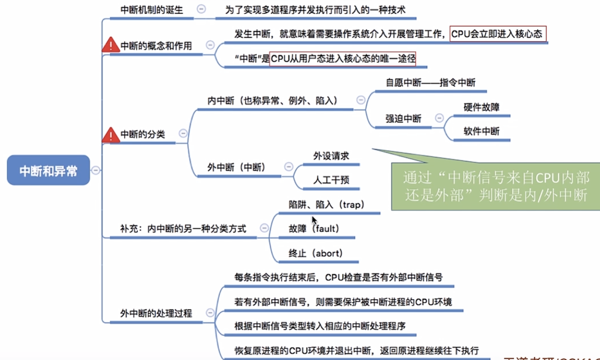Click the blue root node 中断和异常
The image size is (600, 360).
[48, 170]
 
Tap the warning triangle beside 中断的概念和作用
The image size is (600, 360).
[110, 45]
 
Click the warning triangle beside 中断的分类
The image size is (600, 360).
[110, 135]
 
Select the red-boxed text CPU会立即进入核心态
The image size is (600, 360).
[497, 34]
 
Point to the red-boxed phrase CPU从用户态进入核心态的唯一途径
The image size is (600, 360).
[343, 59]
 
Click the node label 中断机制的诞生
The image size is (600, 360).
[152, 10]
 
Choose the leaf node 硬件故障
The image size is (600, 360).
[481, 107]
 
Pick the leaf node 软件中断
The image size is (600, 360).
[481, 131]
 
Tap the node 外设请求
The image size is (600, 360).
[331, 156]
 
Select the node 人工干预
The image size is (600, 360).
[331, 180]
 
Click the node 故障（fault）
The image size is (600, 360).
[314, 229]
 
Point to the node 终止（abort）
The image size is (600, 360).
[315, 253]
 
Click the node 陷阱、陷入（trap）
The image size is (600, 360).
[327, 205]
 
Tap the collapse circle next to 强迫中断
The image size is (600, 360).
[439, 118]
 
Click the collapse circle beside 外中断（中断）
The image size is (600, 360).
[289, 167]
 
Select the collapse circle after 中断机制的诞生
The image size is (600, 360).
[202, 9]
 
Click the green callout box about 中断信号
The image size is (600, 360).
[495, 186]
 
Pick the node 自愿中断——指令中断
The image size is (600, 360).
[430, 83]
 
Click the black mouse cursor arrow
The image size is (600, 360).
[314, 220]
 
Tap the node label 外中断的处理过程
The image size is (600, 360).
[156, 313]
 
